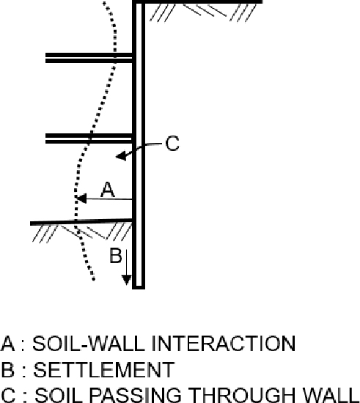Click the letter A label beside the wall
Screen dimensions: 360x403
point(108,190)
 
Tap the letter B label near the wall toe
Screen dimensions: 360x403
point(115,255)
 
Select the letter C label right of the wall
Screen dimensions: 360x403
point(172,143)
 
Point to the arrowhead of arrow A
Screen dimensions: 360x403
point(81,199)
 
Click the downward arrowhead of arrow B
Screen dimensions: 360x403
point(127,280)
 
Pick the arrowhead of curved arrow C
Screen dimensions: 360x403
point(121,156)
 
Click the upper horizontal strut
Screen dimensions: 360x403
point(89,58)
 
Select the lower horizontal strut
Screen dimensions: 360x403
point(89,138)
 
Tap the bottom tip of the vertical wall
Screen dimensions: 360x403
point(139,288)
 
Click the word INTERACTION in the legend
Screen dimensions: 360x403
point(223,344)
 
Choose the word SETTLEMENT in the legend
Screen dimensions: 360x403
point(104,369)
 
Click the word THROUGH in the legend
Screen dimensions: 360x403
point(242,395)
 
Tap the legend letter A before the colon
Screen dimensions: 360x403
point(8,344)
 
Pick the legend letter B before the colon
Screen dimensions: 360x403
point(8,369)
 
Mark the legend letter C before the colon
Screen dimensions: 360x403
point(8,395)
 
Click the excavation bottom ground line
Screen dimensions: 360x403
point(81,222)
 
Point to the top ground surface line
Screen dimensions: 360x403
point(197,1)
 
